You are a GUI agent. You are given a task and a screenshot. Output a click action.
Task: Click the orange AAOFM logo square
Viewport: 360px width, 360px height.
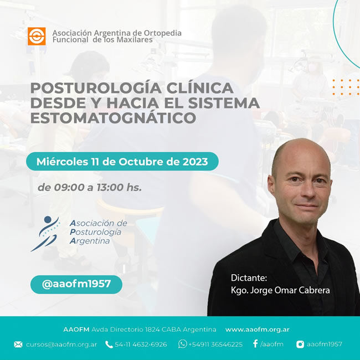pos(37,36)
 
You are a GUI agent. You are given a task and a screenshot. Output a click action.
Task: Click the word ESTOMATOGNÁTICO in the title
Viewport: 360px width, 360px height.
pos(113,118)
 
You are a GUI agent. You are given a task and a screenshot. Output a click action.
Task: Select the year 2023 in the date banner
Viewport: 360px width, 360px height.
pos(195,162)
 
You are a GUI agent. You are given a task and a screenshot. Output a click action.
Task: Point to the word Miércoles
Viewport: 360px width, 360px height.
pos(62,161)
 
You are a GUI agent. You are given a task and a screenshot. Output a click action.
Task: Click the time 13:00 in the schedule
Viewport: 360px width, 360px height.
pos(110,187)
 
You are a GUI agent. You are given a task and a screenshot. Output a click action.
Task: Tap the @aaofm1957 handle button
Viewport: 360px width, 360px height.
pos(76,284)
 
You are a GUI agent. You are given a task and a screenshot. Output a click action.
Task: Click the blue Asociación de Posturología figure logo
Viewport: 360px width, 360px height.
pos(45,234)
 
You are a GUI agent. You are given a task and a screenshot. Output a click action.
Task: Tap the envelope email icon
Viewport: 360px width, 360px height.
pos(18,344)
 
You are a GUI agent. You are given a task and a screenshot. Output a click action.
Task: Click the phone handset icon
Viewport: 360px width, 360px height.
pos(109,344)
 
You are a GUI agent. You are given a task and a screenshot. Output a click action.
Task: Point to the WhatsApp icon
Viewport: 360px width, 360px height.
pos(183,344)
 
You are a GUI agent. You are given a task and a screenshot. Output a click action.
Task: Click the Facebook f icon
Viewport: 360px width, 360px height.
pos(255,344)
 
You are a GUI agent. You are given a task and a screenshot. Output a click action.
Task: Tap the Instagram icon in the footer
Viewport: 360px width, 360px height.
pos(300,344)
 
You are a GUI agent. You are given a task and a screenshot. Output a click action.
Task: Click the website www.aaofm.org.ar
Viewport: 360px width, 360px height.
pos(258,330)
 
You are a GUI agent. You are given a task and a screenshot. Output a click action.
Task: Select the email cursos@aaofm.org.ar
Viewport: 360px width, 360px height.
pos(61,344)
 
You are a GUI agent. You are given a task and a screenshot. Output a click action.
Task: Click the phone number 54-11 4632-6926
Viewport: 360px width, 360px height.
pos(141,344)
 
